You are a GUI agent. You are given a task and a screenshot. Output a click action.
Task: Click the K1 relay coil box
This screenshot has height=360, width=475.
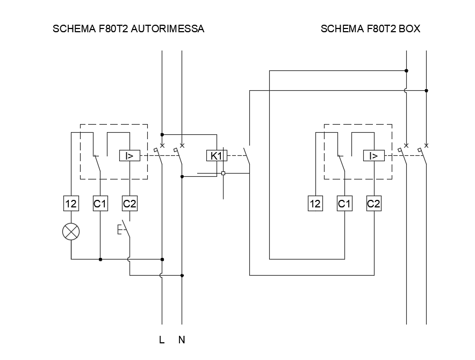(217, 155)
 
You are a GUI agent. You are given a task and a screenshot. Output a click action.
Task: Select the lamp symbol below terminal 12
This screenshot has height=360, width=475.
(71, 232)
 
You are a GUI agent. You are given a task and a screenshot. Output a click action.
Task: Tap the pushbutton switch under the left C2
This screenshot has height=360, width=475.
(124, 229)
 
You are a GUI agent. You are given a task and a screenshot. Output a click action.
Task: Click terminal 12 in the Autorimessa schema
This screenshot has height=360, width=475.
(71, 203)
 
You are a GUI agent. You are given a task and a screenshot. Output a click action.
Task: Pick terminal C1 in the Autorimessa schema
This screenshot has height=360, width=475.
(100, 203)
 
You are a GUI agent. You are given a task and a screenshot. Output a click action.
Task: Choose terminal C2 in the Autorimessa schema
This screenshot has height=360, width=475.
(129, 203)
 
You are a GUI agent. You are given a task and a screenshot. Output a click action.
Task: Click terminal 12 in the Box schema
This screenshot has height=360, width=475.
(315, 203)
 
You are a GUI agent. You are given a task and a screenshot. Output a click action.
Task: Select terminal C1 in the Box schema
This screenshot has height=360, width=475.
(344, 203)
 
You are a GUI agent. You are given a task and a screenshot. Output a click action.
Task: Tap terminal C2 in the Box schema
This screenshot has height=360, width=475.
(374, 203)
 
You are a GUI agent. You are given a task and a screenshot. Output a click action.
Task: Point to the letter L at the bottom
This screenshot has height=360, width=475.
(162, 340)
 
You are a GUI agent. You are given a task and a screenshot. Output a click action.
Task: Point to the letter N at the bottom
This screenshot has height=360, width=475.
(182, 340)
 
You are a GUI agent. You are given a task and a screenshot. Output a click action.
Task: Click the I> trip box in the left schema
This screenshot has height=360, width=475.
(129, 155)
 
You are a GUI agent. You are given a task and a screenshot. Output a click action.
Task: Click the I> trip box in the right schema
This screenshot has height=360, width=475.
(374, 155)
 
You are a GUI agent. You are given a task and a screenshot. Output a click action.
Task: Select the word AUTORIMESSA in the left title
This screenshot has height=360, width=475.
(168, 28)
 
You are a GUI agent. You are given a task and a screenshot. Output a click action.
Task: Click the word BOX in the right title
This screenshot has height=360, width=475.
(409, 28)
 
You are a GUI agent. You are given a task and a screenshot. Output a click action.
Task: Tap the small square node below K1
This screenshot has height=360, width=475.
(224, 174)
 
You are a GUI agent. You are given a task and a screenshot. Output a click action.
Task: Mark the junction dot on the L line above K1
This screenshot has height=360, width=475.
(162, 134)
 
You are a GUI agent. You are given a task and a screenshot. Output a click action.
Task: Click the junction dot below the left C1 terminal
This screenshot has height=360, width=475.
(100, 260)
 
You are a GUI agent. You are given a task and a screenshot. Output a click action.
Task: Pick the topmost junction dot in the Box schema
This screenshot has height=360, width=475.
(407, 70)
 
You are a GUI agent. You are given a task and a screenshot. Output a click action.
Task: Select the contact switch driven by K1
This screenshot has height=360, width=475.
(247, 155)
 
